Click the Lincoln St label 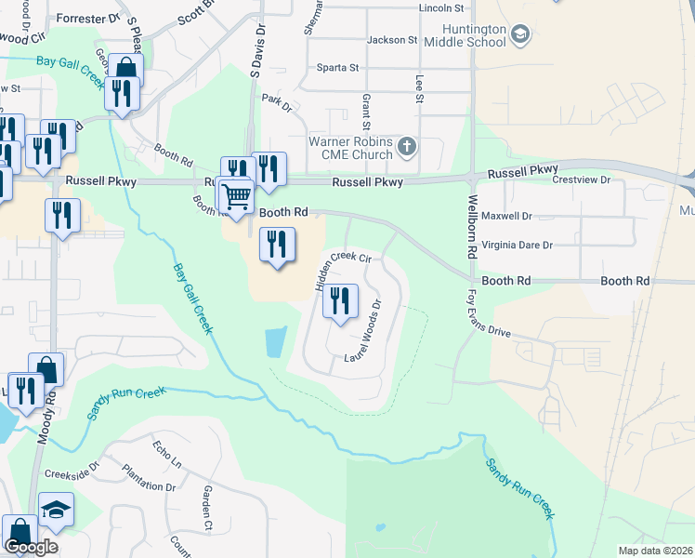440,7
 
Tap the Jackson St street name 392,40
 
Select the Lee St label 419,91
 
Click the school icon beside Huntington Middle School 520,35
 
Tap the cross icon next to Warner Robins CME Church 407,146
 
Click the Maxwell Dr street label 507,216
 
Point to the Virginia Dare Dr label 518,245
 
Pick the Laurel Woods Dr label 363,332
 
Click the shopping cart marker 237,195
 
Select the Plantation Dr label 149,486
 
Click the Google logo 31,547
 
